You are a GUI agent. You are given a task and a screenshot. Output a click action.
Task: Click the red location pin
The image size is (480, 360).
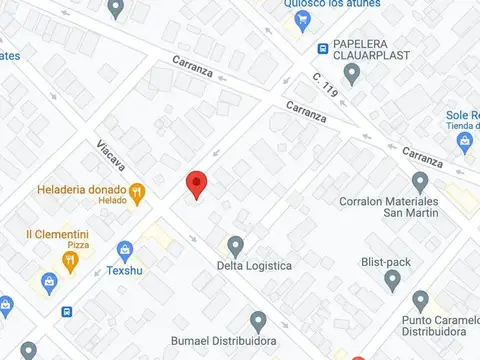click(197, 184)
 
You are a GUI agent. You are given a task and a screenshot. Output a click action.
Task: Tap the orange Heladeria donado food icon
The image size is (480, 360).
click(137, 190)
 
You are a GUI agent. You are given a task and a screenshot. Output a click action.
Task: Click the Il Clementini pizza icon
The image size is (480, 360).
click(70, 261)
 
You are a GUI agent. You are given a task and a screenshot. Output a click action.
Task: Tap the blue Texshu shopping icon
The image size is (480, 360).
click(125, 249)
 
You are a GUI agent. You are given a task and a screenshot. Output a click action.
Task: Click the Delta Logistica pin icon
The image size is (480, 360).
click(236, 245)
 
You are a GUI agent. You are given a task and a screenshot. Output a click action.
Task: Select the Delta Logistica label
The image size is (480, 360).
click(254, 266)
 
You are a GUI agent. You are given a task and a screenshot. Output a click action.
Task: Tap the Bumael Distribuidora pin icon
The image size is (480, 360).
click(258, 322)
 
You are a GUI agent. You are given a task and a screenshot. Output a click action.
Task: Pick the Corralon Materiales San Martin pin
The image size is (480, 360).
click(420, 181)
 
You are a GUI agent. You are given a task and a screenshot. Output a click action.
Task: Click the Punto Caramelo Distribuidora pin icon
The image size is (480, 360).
click(420, 300)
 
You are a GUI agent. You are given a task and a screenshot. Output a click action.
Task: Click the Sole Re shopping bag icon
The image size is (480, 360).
click(463, 142)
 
